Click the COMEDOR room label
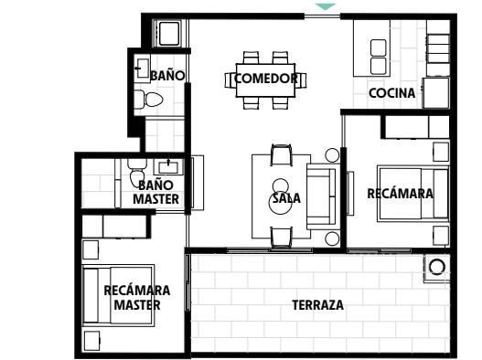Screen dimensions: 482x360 266,79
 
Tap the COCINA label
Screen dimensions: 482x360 392,93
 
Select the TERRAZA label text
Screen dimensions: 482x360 318,305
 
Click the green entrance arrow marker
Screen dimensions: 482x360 326,6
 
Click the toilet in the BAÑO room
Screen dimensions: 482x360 149,100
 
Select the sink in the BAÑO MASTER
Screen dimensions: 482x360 168,167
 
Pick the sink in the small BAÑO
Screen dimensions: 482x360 142,69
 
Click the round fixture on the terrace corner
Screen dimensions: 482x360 436,266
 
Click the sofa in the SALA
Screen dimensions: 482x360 321,196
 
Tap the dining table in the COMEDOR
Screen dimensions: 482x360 265,80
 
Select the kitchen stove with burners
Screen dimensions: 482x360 438,48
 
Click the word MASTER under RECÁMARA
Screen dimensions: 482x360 137,305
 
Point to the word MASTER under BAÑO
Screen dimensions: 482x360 155,199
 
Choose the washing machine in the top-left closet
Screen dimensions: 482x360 169,33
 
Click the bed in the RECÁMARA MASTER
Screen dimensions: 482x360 118,295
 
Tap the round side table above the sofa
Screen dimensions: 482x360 332,155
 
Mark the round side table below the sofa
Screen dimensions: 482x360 332,239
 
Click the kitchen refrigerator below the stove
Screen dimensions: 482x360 436,93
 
